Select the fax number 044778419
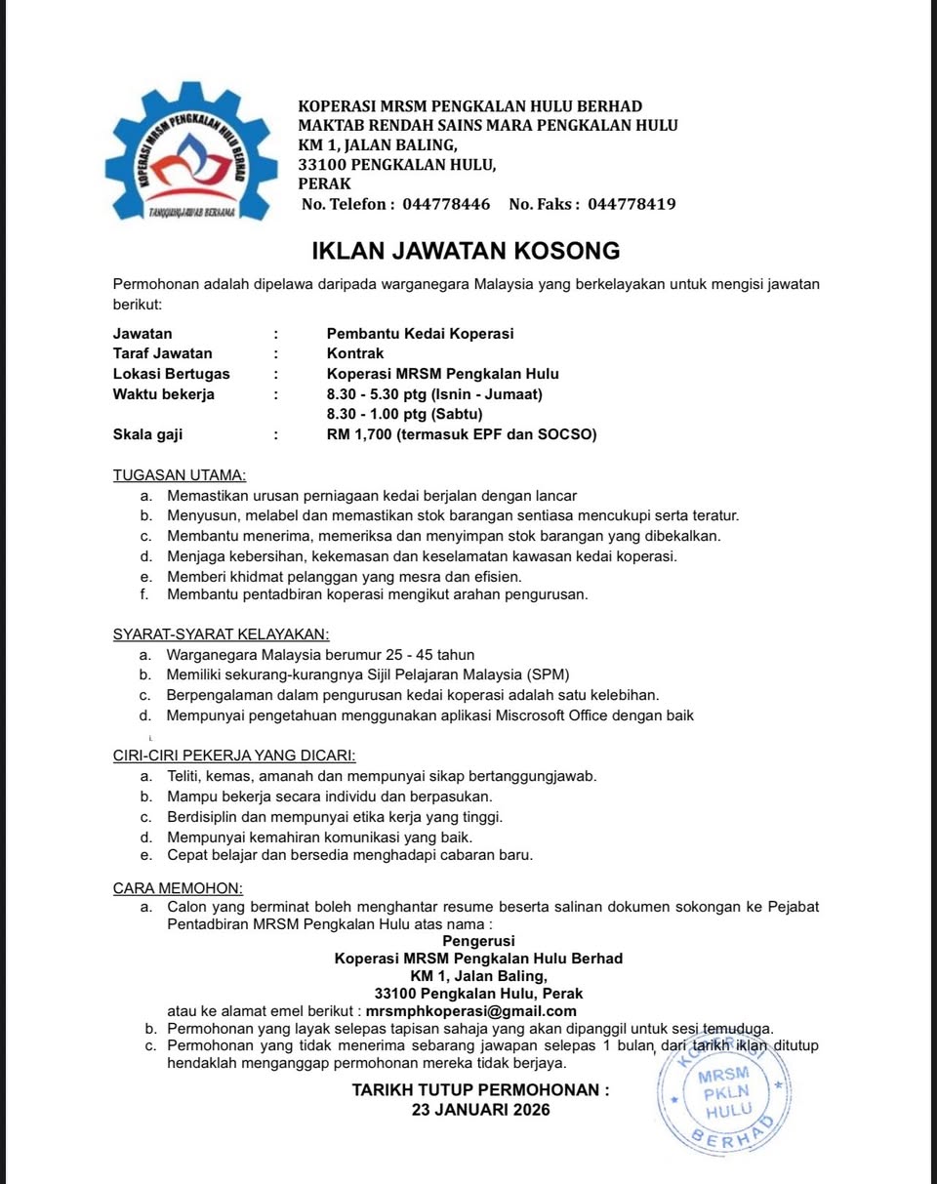point(632,204)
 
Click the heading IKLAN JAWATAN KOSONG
point(466,251)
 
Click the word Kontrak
point(355,353)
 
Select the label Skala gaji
point(148,434)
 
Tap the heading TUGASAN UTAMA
point(180,475)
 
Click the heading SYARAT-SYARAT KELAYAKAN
point(221,634)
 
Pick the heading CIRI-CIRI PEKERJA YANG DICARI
point(234,755)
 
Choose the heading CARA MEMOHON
point(178,888)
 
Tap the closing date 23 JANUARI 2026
point(480,1110)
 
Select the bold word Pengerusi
point(478,941)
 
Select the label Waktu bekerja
point(164,394)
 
